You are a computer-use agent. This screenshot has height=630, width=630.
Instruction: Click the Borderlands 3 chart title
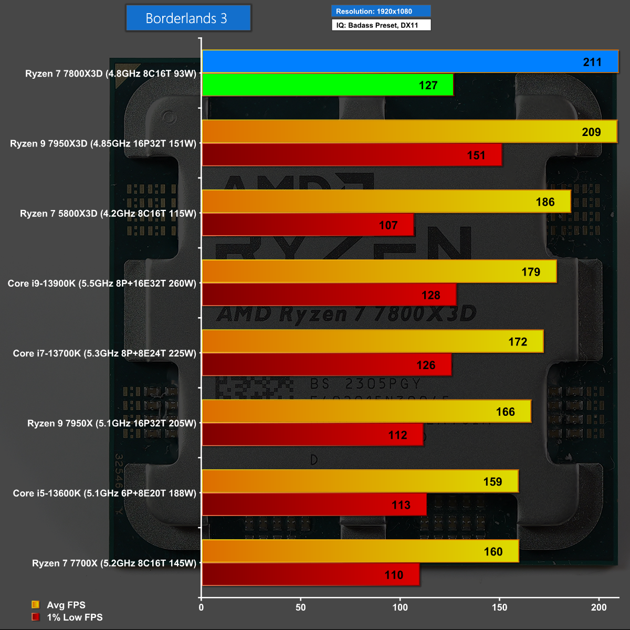(188, 18)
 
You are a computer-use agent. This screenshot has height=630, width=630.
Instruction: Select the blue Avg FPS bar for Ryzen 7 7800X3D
(409, 61)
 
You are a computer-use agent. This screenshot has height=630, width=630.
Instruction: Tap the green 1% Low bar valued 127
(327, 85)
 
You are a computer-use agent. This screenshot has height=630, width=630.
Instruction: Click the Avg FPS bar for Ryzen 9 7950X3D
(409, 131)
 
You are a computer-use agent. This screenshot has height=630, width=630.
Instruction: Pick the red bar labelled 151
(352, 155)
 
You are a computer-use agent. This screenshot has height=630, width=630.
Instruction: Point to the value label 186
(545, 202)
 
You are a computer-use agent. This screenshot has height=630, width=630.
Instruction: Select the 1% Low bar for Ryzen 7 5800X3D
(308, 225)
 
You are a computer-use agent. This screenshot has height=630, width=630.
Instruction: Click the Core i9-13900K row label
(102, 283)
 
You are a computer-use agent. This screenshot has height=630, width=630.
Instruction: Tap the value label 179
(531, 272)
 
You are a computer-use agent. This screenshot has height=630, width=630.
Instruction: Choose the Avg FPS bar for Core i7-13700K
(372, 341)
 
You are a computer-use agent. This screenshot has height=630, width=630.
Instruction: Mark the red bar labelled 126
(327, 365)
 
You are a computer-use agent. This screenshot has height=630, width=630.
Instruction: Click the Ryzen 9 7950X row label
(112, 423)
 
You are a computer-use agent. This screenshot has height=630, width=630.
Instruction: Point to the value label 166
(506, 412)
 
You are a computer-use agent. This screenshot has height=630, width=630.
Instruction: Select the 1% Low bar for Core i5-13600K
(314, 505)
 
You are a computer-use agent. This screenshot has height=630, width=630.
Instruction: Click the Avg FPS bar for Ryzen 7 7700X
(360, 551)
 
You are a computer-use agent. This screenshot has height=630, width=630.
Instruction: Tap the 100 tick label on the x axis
(400, 607)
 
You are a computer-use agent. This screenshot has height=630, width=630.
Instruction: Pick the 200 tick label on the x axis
(598, 607)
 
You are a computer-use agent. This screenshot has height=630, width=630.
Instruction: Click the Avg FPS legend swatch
(36, 605)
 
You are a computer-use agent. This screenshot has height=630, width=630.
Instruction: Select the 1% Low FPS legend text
(75, 617)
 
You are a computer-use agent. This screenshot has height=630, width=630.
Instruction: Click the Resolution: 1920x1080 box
(381, 11)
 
